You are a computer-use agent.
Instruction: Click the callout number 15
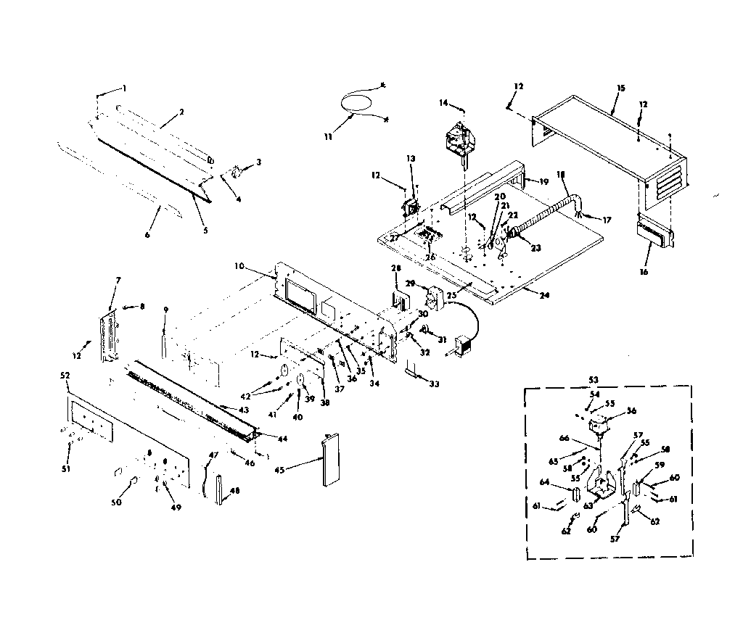point(620,88)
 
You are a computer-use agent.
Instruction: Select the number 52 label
point(65,376)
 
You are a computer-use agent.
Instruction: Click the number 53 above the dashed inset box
point(594,380)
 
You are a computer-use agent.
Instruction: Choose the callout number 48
point(234,490)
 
